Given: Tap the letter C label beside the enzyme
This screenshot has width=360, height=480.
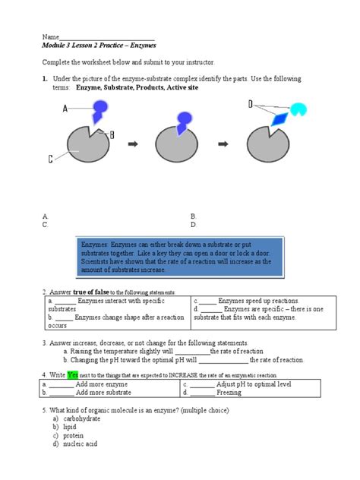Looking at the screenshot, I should click(x=51, y=159).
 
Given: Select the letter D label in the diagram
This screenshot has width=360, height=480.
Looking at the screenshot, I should click(x=250, y=103).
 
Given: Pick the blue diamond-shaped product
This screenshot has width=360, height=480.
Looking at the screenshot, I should click(x=281, y=118).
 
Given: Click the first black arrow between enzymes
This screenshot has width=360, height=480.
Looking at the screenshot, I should click(x=133, y=142).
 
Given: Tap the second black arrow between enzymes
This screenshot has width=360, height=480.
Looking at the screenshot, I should click(x=224, y=142).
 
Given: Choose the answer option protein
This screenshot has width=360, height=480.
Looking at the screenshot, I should click(x=74, y=435).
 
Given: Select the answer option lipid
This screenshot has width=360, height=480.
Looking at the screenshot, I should click(x=70, y=427).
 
